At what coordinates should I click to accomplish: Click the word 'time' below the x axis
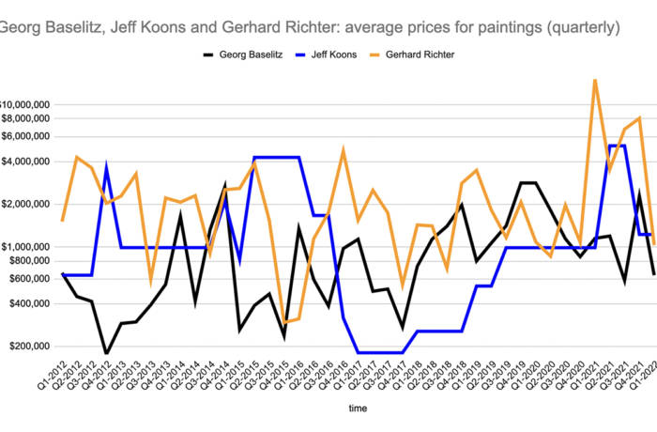tap(358, 409)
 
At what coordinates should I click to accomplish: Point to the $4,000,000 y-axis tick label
tap(27, 162)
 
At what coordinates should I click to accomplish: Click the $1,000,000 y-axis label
tap(27, 246)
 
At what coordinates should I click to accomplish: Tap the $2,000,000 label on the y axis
tap(27, 204)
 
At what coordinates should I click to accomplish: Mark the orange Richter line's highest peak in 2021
tap(595, 80)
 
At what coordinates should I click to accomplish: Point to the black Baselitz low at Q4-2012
tap(106, 353)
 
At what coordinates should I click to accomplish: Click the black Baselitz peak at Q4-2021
tap(639, 195)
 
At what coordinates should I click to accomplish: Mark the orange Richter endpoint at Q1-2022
tap(653, 244)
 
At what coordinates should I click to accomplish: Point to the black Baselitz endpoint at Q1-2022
tap(653, 274)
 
